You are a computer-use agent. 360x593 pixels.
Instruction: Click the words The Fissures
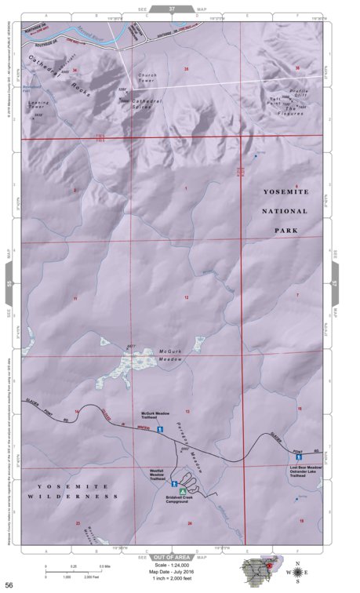[x=293, y=111]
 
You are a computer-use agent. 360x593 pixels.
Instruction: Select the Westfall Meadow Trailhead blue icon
[x=173, y=483]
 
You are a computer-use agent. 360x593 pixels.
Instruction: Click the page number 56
[x=9, y=584]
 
